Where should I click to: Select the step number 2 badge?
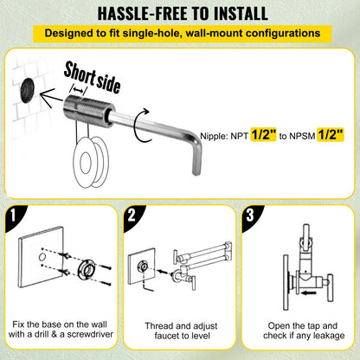tap(133, 214)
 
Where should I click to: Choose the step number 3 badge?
tap(250, 214)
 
